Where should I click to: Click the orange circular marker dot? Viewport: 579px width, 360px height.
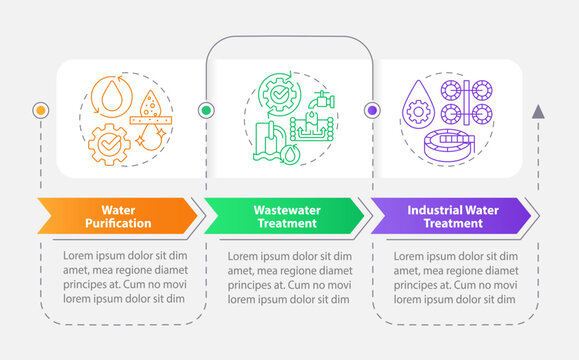pyautogui.click(x=41, y=109)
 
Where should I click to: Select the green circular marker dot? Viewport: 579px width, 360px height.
pyautogui.click(x=206, y=110)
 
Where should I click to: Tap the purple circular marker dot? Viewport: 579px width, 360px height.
pyautogui.click(x=372, y=110)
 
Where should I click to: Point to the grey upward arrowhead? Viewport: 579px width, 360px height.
pyautogui.click(x=538, y=111)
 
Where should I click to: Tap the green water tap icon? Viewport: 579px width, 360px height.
pyautogui.click(x=322, y=99)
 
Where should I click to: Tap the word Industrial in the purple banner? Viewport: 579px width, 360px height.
pyautogui.click(x=432, y=211)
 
